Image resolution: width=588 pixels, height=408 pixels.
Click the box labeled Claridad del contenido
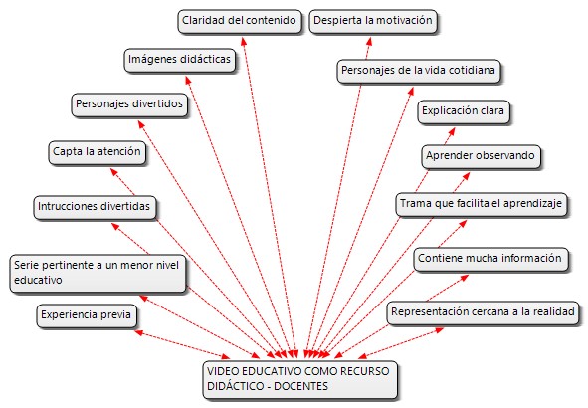[240, 22]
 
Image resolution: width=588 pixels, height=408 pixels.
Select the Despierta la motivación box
[373, 22]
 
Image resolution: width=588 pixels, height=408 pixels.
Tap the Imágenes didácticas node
[180, 60]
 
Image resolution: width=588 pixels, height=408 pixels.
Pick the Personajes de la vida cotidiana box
[419, 72]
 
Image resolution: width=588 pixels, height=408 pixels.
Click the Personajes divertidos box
[129, 105]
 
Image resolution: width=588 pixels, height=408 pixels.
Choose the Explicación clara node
[464, 111]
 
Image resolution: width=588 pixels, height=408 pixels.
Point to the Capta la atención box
[97, 153]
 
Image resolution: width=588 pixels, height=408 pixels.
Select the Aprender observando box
[481, 157]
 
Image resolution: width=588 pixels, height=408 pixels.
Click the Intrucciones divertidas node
[95, 207]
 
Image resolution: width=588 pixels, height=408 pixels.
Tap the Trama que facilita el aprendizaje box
[482, 205]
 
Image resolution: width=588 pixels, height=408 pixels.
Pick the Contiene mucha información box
[490, 259]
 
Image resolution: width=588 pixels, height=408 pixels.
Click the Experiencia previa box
[87, 316]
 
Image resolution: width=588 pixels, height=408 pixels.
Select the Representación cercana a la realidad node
[483, 313]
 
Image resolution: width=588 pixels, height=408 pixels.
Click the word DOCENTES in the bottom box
[300, 386]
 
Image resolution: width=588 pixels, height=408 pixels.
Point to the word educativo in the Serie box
[38, 280]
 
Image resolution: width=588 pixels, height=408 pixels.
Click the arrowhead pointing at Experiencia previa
[138, 332]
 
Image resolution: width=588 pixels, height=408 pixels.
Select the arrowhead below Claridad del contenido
[244, 41]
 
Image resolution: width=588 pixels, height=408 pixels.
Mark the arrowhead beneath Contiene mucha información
[465, 278]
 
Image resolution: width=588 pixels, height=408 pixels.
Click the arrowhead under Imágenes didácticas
[188, 80]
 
